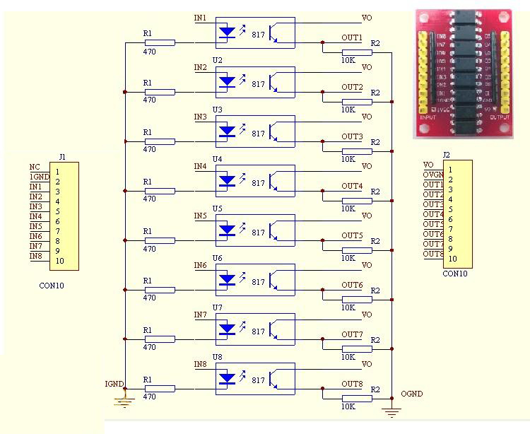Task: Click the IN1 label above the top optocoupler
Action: (201, 18)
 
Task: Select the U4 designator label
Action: (217, 159)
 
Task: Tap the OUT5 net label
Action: (352, 235)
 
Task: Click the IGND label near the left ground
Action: (114, 385)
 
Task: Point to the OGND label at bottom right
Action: (412, 394)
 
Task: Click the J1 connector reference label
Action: (62, 156)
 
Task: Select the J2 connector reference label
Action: (446, 155)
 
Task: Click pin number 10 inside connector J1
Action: (59, 261)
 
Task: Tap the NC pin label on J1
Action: (35, 167)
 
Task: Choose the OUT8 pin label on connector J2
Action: (433, 254)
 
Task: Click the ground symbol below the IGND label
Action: (124, 403)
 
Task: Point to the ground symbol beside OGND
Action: (391, 411)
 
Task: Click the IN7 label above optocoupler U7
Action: (201, 315)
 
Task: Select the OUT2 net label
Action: (352, 87)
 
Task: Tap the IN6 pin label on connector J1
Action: (35, 236)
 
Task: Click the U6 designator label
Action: (217, 258)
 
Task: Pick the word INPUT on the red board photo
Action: (428, 117)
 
